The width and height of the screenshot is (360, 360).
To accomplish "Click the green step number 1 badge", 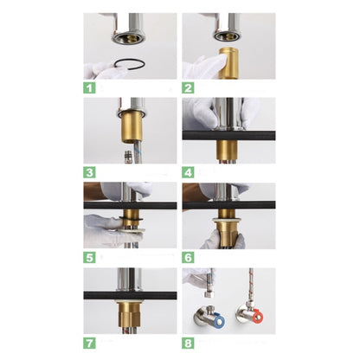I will [x=89, y=87].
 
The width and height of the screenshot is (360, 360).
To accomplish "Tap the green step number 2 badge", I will [x=187, y=87].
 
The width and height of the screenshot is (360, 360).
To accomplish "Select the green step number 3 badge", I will [x=89, y=170].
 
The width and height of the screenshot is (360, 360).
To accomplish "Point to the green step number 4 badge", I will [x=187, y=170].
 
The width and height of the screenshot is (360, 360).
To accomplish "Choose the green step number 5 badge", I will [x=89, y=257].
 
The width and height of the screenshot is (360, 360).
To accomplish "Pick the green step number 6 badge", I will [x=187, y=257].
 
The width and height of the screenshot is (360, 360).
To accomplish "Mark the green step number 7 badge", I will [x=89, y=340].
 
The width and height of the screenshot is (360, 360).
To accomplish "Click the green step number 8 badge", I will [x=187, y=340].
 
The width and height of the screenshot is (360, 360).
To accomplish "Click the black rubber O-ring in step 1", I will [x=130, y=63].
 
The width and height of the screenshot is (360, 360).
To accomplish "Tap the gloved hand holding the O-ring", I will [x=102, y=70].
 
